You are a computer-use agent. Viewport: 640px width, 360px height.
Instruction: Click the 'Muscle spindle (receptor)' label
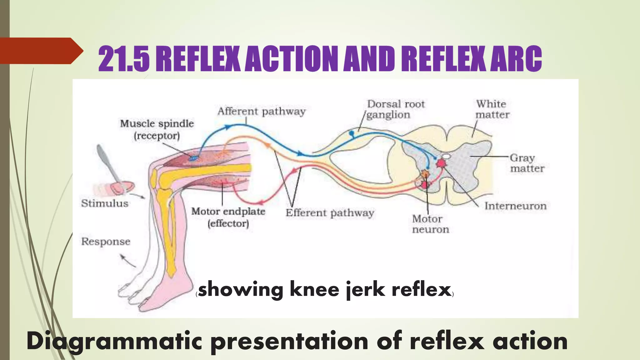(x=157, y=130)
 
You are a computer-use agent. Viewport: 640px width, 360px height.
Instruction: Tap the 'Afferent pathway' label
(x=261, y=112)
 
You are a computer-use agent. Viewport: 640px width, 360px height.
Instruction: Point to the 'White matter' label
(x=492, y=109)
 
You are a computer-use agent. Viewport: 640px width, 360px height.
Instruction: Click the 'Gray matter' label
(x=527, y=163)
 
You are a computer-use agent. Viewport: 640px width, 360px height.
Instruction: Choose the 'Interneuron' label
(x=515, y=206)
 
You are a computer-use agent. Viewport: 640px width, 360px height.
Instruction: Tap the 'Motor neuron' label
(x=430, y=224)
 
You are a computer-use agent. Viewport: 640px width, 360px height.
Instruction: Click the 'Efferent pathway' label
(x=330, y=213)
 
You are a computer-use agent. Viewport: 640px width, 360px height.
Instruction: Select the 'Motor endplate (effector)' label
(x=228, y=217)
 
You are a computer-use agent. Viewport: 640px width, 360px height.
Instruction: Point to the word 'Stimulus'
(x=105, y=203)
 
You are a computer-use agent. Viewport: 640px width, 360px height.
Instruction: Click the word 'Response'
(x=106, y=242)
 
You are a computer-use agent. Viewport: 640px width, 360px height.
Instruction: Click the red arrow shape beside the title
(x=41, y=51)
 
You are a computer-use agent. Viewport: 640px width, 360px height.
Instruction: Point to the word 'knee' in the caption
(x=314, y=289)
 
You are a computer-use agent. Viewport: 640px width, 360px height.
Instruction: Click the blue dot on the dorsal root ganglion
(x=352, y=133)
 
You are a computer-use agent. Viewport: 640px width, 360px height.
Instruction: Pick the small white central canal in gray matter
(x=446, y=156)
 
